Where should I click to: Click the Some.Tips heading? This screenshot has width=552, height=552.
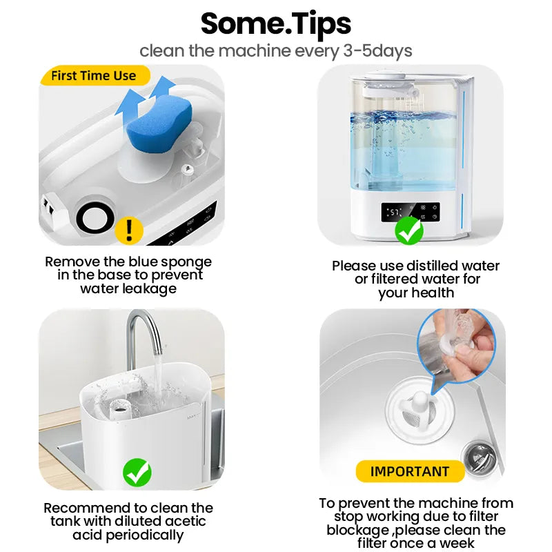(276, 23)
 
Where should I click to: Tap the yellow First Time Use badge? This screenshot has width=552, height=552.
(93, 75)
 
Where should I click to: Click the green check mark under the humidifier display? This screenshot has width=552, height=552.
(409, 230)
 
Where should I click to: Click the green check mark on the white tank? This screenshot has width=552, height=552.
(137, 473)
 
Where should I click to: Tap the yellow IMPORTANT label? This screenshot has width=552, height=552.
(409, 472)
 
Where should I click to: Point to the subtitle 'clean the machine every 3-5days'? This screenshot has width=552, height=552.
(276, 50)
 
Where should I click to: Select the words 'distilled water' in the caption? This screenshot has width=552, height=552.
(452, 266)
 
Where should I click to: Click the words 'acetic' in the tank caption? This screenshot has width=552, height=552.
(184, 522)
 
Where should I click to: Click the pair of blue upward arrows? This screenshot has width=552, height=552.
(144, 95)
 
